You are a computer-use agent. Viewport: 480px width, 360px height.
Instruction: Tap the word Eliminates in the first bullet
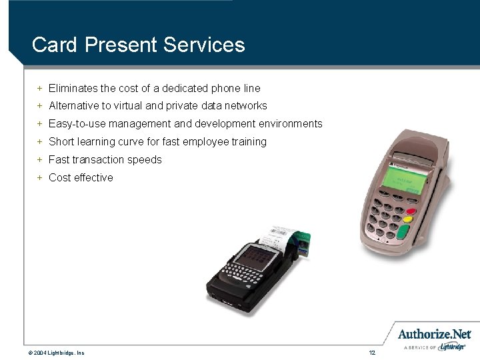point(74,88)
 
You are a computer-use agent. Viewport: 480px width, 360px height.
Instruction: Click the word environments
point(288,123)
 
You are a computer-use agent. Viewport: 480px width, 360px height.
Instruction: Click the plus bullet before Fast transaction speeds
point(40,159)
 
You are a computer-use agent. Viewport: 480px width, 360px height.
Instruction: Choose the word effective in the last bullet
point(93,177)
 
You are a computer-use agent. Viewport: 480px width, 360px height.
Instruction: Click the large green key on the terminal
point(403,231)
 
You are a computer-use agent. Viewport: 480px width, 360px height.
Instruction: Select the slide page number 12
point(372,351)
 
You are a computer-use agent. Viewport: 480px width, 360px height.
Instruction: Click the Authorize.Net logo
point(434,335)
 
